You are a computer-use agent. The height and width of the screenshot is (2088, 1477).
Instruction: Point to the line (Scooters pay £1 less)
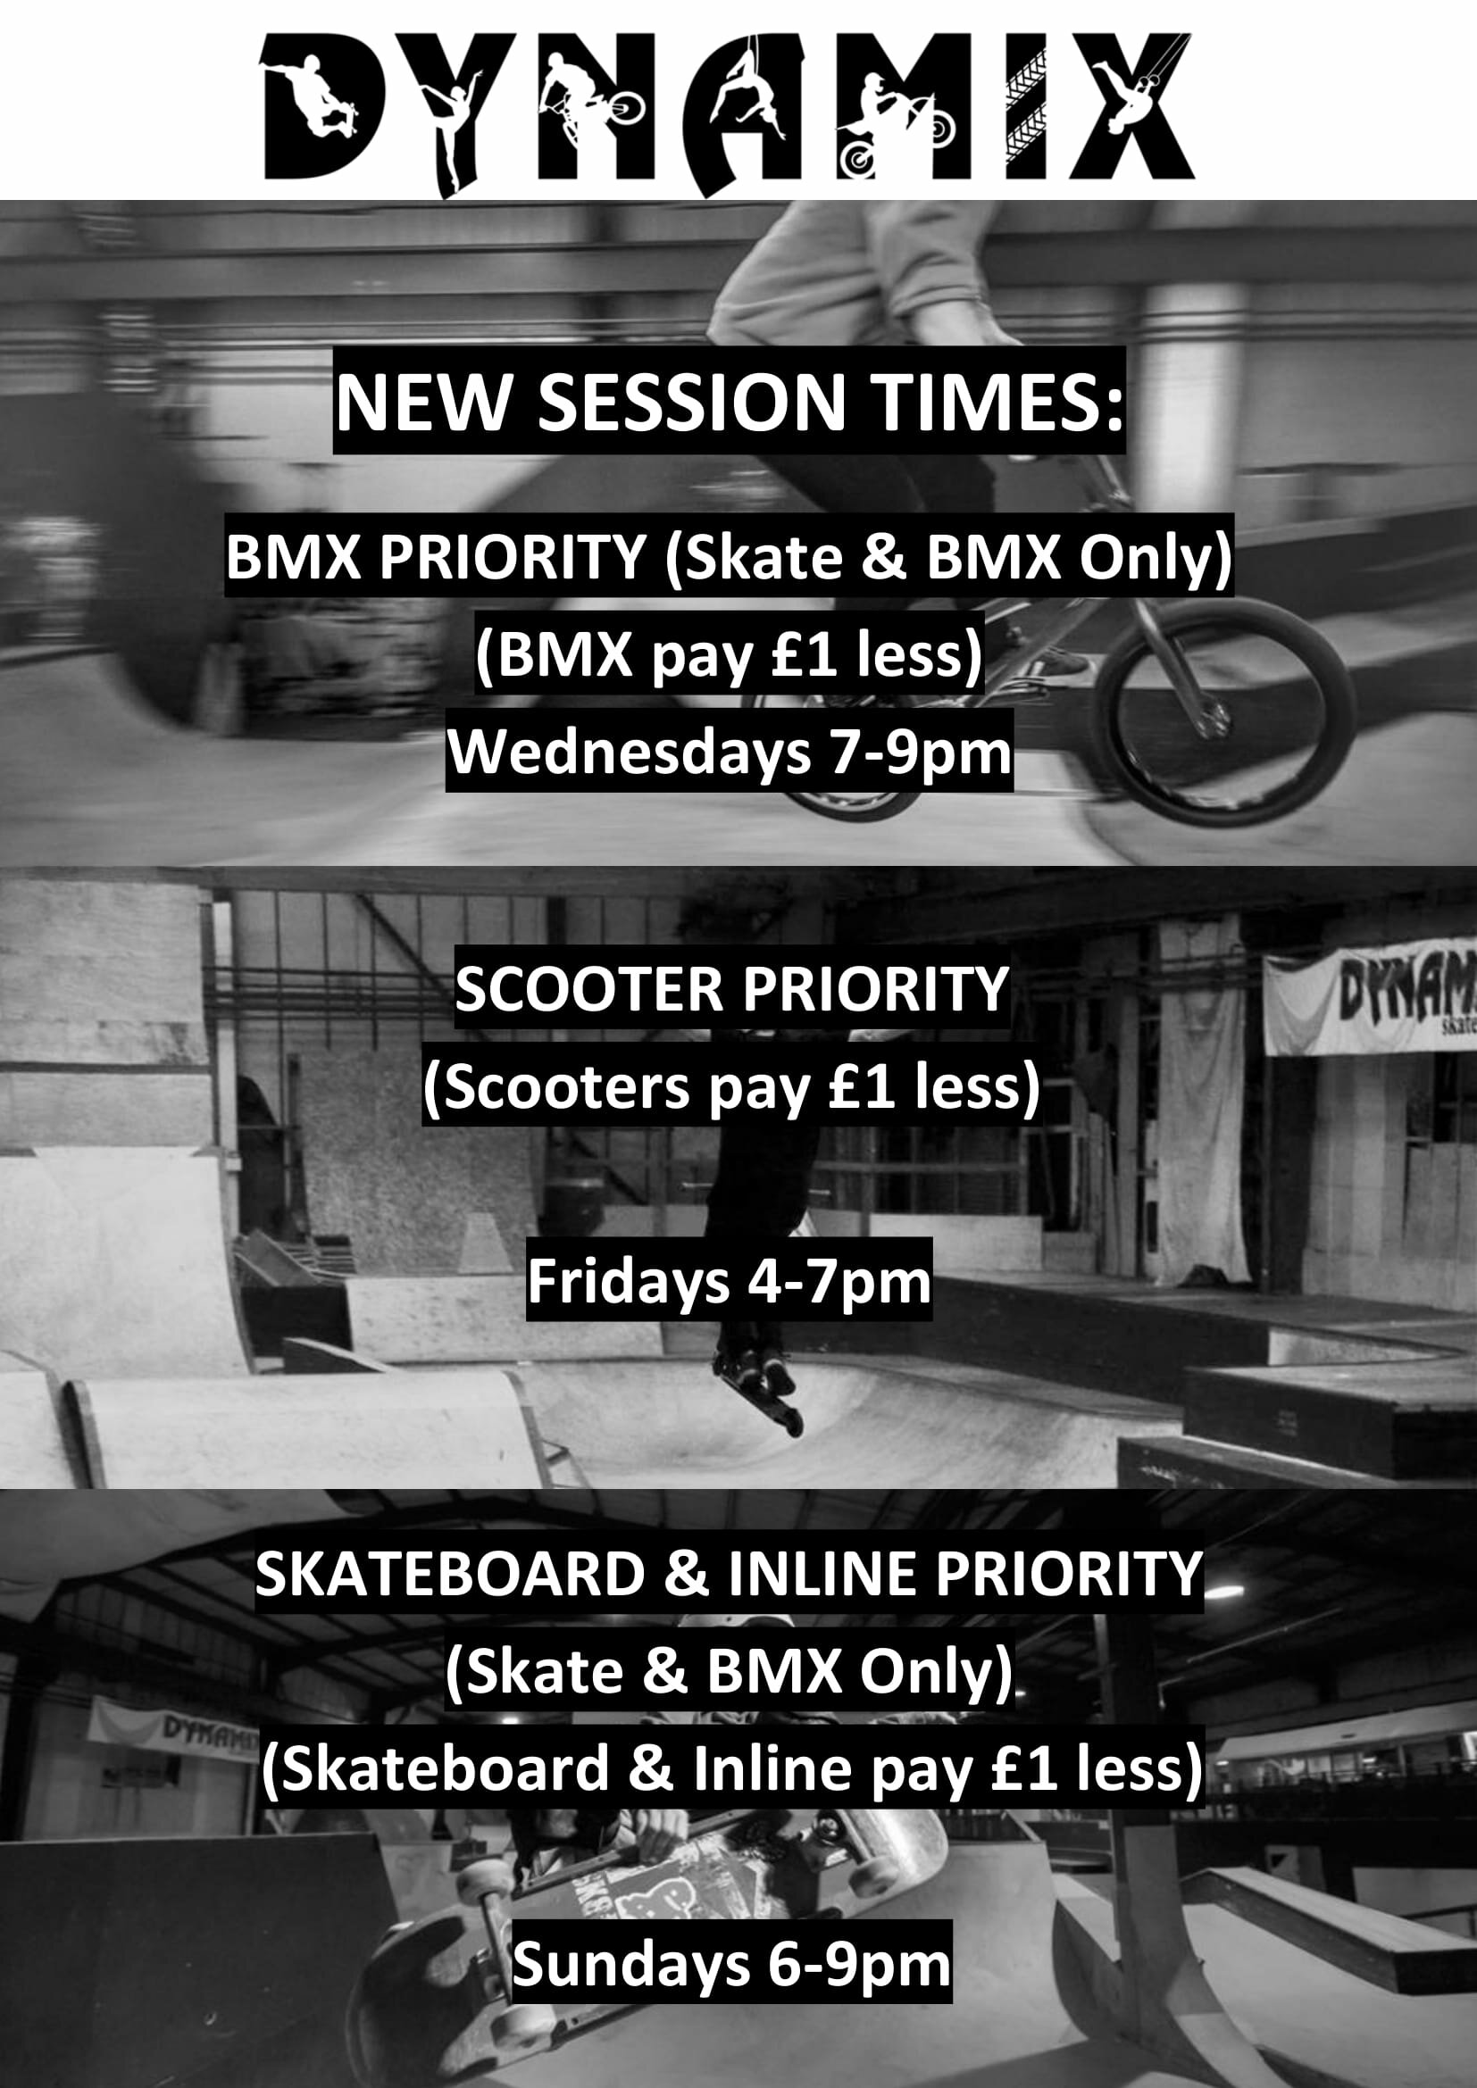tap(730, 1087)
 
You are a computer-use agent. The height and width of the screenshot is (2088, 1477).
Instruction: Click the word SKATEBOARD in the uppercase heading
tap(450, 1574)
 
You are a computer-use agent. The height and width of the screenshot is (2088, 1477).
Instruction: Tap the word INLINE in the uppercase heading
tap(822, 1574)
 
